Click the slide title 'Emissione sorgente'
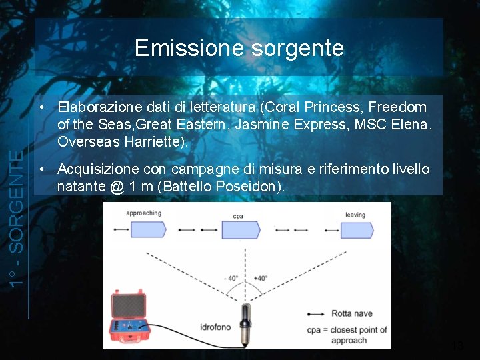click(239, 48)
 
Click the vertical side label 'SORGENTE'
click(20, 200)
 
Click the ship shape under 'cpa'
click(240, 230)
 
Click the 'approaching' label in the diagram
click(143, 214)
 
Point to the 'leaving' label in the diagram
click(355, 215)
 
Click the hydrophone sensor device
click(245, 323)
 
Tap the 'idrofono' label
click(215, 327)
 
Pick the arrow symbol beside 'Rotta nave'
click(317, 314)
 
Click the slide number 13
click(457, 346)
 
